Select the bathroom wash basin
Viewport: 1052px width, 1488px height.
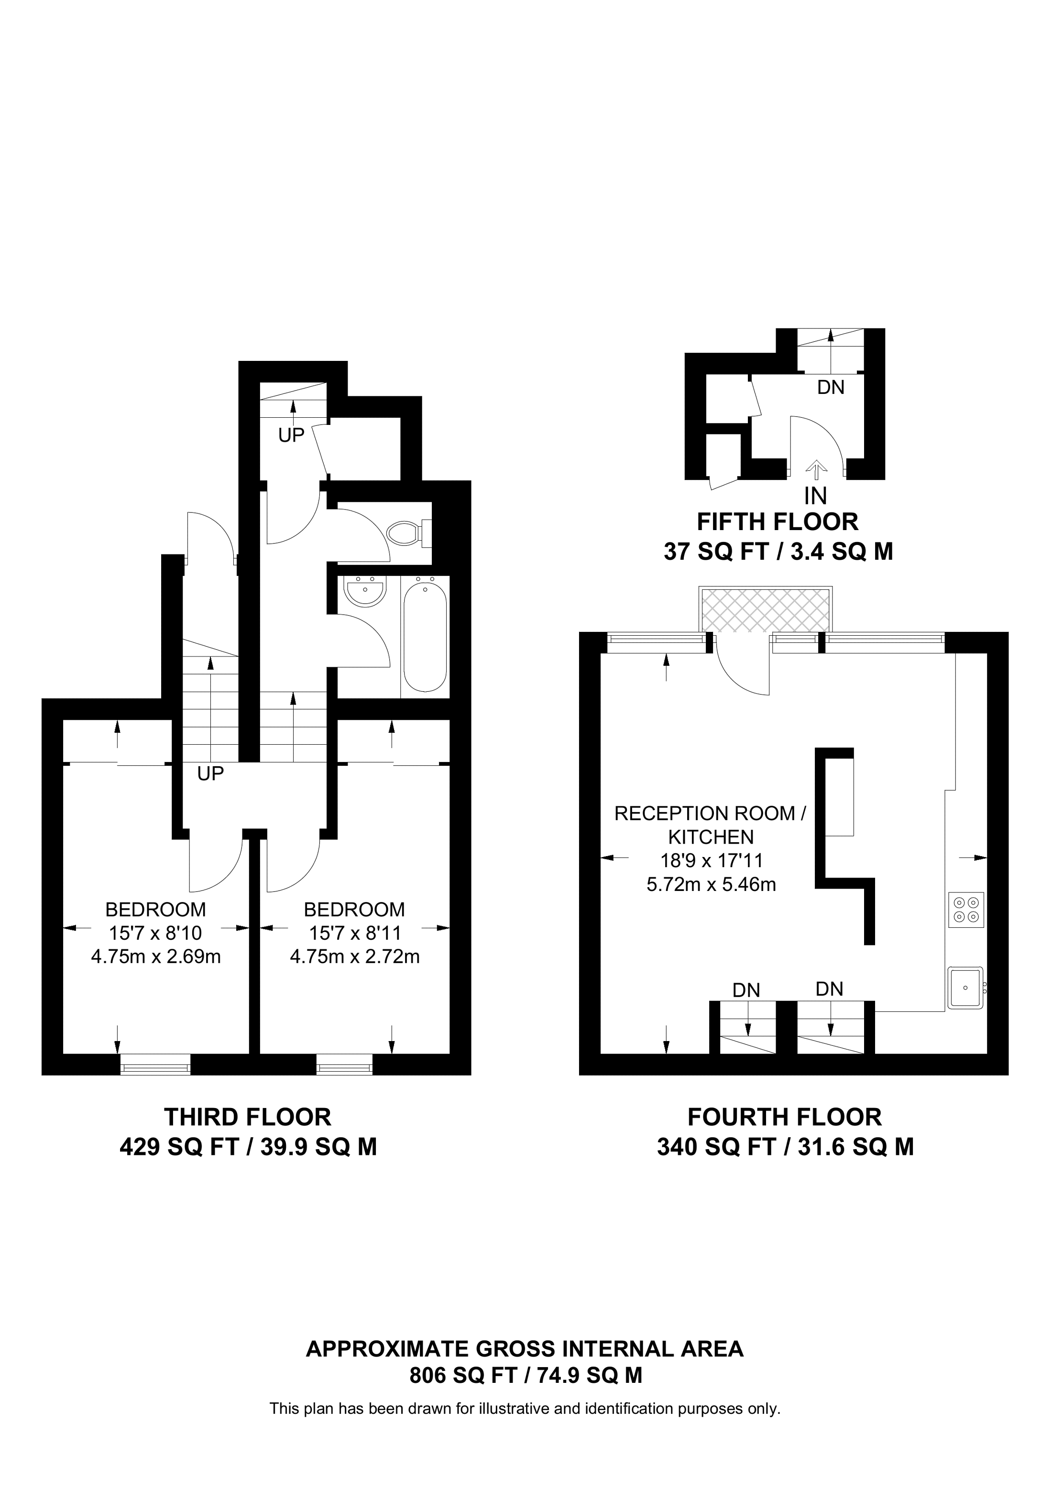pos(365,592)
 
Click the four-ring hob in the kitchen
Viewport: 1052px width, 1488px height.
pos(966,910)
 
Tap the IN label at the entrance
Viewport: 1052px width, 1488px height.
pos(815,496)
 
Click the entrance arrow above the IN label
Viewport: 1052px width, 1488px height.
pos(816,470)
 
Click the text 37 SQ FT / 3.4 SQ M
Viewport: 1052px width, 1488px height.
pos(778,552)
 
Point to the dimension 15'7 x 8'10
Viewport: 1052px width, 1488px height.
pos(155,933)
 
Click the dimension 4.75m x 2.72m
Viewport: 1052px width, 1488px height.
pos(354,956)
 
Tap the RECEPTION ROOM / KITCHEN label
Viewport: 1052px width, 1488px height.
pos(711,825)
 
